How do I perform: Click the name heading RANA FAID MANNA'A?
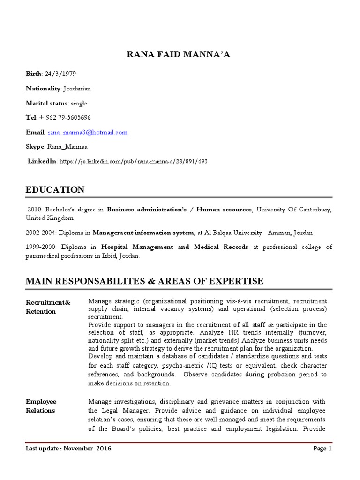[179, 55]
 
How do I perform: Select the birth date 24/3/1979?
[60, 74]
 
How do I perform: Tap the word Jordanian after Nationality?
[77, 88]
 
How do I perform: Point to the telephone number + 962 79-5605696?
[67, 117]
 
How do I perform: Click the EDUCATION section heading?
[55, 190]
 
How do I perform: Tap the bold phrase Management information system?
[143, 232]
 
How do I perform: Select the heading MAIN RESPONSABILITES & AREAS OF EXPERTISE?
[144, 281]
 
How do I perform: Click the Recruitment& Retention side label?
[48, 307]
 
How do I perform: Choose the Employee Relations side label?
[41, 406]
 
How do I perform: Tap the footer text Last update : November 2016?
[68, 449]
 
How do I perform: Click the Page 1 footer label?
[322, 449]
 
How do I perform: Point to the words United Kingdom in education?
[50, 218]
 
